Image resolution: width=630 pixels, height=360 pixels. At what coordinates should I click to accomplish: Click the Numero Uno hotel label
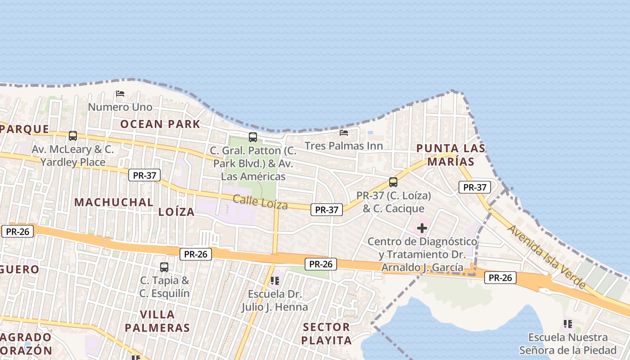[x=120, y=107]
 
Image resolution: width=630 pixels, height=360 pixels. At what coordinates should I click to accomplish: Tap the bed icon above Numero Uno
[x=120, y=94]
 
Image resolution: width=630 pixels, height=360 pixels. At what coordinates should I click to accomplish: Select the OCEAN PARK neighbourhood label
[x=160, y=124]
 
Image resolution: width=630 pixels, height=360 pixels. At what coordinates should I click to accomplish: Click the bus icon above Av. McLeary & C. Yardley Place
[x=73, y=135]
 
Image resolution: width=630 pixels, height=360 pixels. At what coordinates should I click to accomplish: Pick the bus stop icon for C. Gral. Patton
[x=253, y=137]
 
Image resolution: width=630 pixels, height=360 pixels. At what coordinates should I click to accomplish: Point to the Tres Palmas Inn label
[x=344, y=146]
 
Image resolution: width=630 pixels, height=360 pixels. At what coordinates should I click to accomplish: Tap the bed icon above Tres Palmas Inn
[x=344, y=133]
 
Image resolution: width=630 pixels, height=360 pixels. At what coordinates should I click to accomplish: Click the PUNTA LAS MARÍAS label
[x=450, y=154]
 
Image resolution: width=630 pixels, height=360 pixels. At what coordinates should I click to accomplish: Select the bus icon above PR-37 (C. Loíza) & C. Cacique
[x=393, y=182]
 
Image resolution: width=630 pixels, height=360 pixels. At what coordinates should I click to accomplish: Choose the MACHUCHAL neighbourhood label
[x=114, y=202]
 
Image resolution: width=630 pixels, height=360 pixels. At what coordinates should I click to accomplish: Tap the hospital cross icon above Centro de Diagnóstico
[x=422, y=228]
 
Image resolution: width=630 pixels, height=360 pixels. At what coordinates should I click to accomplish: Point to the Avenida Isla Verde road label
[x=547, y=256]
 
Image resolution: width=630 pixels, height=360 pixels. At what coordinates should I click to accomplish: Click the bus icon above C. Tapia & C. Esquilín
[x=164, y=267]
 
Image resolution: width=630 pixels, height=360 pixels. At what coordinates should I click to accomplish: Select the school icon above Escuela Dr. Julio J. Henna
[x=275, y=281]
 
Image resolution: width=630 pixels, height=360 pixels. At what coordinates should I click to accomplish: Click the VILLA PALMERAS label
[x=157, y=321]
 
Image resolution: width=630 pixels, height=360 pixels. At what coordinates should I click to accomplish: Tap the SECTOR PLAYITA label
[x=327, y=333]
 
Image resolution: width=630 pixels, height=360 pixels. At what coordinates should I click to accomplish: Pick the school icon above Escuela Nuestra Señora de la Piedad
[x=568, y=324]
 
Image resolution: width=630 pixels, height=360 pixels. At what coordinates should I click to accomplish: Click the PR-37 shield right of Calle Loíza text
[x=327, y=209]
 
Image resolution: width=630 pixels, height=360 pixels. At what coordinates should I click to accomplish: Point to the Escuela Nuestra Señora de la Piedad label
[x=568, y=344]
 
